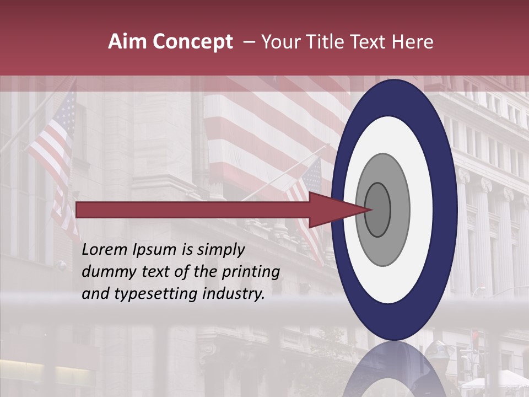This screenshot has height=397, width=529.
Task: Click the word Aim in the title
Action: point(128,42)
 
